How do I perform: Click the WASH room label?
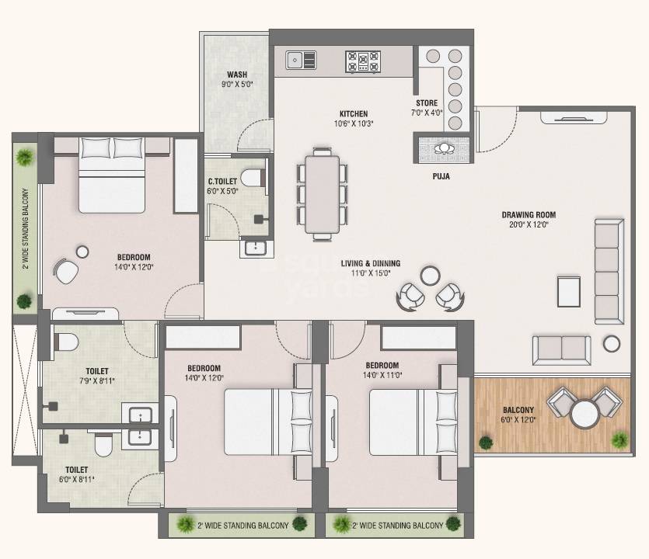[x=237, y=75]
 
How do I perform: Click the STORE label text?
[x=426, y=103]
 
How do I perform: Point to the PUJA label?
[x=441, y=176]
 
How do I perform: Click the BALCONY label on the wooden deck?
[x=518, y=411]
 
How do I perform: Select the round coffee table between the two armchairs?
[x=430, y=275]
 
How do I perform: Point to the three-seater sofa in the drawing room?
[x=609, y=271]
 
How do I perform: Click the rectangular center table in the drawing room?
[x=569, y=290]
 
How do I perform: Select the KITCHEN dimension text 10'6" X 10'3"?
[x=353, y=123]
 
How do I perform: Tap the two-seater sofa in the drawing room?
[x=561, y=349]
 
